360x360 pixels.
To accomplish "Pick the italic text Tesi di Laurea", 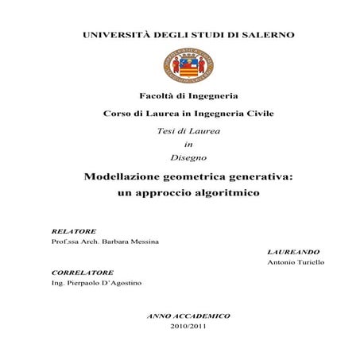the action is pos(188,130).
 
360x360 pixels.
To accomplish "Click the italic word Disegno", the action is pos(188,158).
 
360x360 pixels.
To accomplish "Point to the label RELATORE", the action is pos(73,231).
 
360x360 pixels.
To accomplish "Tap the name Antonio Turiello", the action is pos(296,261).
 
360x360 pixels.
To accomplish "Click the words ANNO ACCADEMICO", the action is pos(188,315).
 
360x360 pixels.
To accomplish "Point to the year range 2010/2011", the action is pos(188,326).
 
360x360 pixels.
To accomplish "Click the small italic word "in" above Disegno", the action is pos(188,144).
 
